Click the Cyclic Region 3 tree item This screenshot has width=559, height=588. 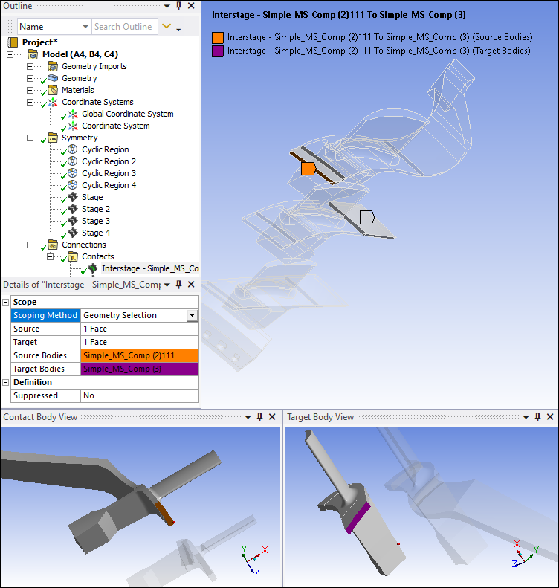pyautogui.click(x=109, y=173)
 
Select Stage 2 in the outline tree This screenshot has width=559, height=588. pyautogui.click(x=96, y=209)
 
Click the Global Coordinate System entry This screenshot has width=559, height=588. pyautogui.click(x=127, y=114)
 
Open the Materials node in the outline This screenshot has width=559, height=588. pyautogui.click(x=77, y=90)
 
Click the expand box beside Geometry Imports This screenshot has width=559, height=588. pyautogui.click(x=30, y=66)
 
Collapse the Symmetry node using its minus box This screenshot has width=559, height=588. pyautogui.click(x=30, y=138)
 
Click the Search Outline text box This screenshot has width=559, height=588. pyautogui.click(x=124, y=27)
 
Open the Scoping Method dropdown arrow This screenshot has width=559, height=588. pyautogui.click(x=193, y=315)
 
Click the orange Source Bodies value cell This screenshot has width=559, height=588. pyautogui.click(x=140, y=355)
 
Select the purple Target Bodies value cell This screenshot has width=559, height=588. pyautogui.click(x=140, y=369)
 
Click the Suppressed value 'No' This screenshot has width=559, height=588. pyautogui.click(x=88, y=395)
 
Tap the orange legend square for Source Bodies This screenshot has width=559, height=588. pyautogui.click(x=218, y=37)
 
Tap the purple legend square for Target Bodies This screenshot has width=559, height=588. pyautogui.click(x=218, y=51)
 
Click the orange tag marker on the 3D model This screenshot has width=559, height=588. pyautogui.click(x=308, y=169)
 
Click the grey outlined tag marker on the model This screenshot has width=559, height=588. pyautogui.click(x=367, y=217)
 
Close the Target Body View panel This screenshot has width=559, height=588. pyautogui.click(x=550, y=416)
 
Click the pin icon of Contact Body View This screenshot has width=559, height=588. pyautogui.click(x=259, y=416)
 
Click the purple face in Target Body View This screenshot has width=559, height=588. pyautogui.click(x=358, y=517)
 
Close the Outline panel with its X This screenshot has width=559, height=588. pyautogui.click(x=191, y=6)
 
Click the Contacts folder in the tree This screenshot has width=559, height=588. pyautogui.click(x=98, y=256)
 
